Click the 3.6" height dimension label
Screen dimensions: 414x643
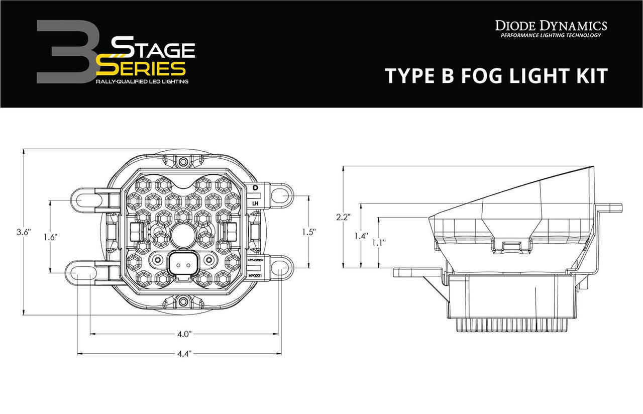(24, 232)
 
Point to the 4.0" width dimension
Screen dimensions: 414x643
(184, 334)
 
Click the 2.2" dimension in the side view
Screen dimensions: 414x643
(343, 217)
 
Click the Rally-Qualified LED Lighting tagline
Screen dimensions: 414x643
(142, 81)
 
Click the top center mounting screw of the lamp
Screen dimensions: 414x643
(183, 162)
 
